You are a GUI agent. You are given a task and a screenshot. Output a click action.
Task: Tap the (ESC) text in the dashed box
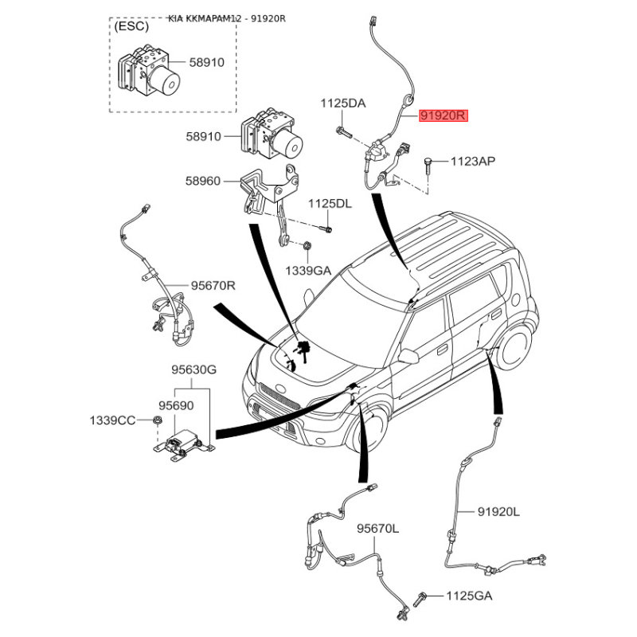(x=131, y=26)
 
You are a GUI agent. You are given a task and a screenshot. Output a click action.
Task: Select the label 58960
(x=202, y=182)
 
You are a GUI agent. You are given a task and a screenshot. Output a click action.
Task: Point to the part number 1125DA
(x=343, y=103)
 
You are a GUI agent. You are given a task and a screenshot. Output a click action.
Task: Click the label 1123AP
(x=473, y=162)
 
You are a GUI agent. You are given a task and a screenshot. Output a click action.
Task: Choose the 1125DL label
(x=330, y=204)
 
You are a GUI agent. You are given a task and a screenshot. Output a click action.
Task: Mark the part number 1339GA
(x=308, y=270)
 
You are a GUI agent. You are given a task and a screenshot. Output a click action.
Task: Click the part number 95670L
(x=377, y=528)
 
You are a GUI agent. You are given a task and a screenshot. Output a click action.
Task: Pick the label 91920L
(x=498, y=511)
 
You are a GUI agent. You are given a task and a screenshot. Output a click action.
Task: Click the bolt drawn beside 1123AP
(x=428, y=166)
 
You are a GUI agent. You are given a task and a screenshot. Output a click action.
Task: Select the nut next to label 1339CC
(x=158, y=420)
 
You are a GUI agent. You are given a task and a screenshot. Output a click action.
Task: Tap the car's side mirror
(x=408, y=356)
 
